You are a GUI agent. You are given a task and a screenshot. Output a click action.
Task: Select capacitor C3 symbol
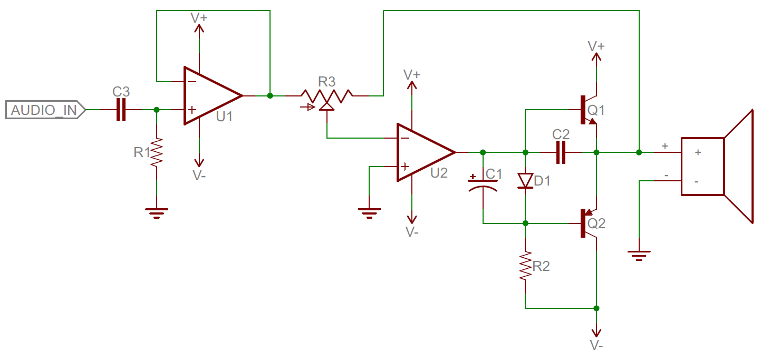pos(121,110)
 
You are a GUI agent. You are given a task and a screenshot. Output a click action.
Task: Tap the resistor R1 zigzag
pos(157,153)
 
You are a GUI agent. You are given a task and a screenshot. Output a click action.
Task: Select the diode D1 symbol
pos(525,181)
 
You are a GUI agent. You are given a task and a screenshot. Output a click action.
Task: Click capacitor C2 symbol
pos(561,152)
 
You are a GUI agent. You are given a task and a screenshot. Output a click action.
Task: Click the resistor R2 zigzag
pos(525,266)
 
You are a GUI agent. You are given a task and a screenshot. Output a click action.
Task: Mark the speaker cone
pos(738,166)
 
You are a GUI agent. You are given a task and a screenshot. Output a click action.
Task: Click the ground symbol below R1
pos(157,212)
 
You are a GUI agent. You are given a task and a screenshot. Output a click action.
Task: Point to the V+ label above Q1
pos(596,46)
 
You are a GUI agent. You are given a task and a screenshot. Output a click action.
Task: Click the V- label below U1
pos(199,176)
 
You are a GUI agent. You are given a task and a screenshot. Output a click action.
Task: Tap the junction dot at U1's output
pos(270,96)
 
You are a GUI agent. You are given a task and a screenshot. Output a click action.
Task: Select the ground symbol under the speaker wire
pos(639,256)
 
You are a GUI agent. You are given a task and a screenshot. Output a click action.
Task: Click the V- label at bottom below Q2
pos(596,345)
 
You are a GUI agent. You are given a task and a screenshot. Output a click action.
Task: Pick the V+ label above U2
pos(412,74)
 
